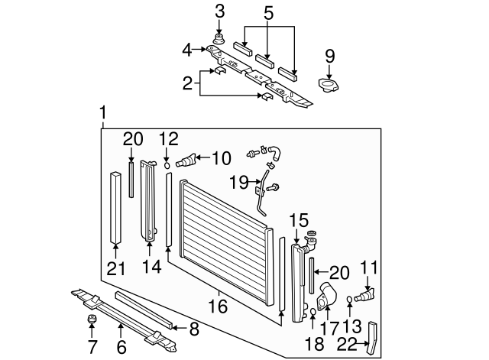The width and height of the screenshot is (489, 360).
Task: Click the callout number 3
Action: click(x=219, y=11)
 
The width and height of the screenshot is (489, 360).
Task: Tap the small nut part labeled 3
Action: click(x=219, y=39)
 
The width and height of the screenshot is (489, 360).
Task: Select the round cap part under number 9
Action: click(x=329, y=85)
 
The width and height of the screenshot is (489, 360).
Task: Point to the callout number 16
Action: click(x=218, y=306)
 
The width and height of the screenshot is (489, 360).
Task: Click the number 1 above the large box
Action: click(x=103, y=114)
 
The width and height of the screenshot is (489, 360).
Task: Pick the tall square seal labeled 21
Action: click(x=115, y=207)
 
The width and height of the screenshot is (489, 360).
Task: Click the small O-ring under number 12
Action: click(x=167, y=165)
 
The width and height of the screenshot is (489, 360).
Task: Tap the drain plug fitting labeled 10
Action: click(x=186, y=161)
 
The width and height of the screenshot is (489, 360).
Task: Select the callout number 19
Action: click(x=239, y=182)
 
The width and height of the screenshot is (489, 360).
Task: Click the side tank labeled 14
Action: click(x=148, y=201)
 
